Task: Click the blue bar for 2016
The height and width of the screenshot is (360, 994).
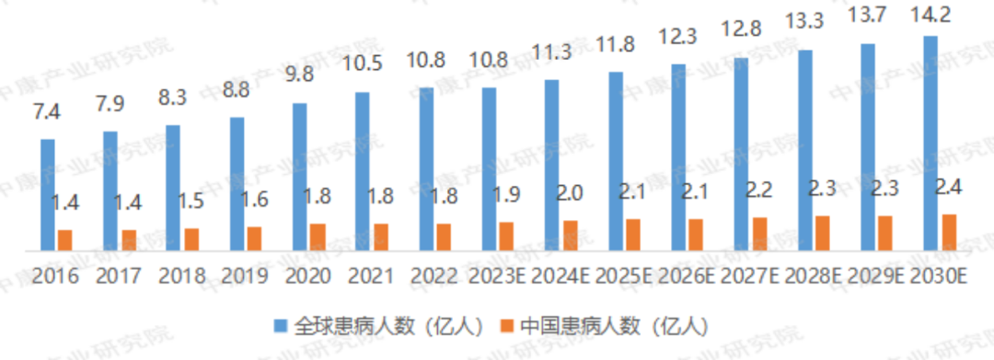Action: point(48,194)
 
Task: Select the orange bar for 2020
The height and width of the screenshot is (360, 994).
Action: point(318,237)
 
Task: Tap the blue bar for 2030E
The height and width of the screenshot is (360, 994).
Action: point(930,143)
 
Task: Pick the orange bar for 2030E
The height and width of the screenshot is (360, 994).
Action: point(949,232)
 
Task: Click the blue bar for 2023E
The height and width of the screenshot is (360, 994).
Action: point(489,168)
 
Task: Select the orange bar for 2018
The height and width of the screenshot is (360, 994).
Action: point(191,239)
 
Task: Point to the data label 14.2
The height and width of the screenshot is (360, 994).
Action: point(930,19)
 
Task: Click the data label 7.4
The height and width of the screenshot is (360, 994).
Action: point(48,114)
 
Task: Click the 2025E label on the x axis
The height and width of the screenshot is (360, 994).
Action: point(624,275)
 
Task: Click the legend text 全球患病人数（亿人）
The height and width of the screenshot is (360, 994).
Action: point(387,325)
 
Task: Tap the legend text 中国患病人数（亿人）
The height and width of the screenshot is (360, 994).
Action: point(612,325)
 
